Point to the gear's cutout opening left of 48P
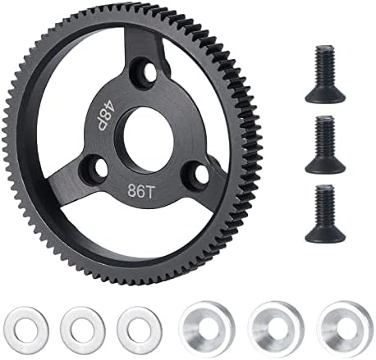tap(78, 107)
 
